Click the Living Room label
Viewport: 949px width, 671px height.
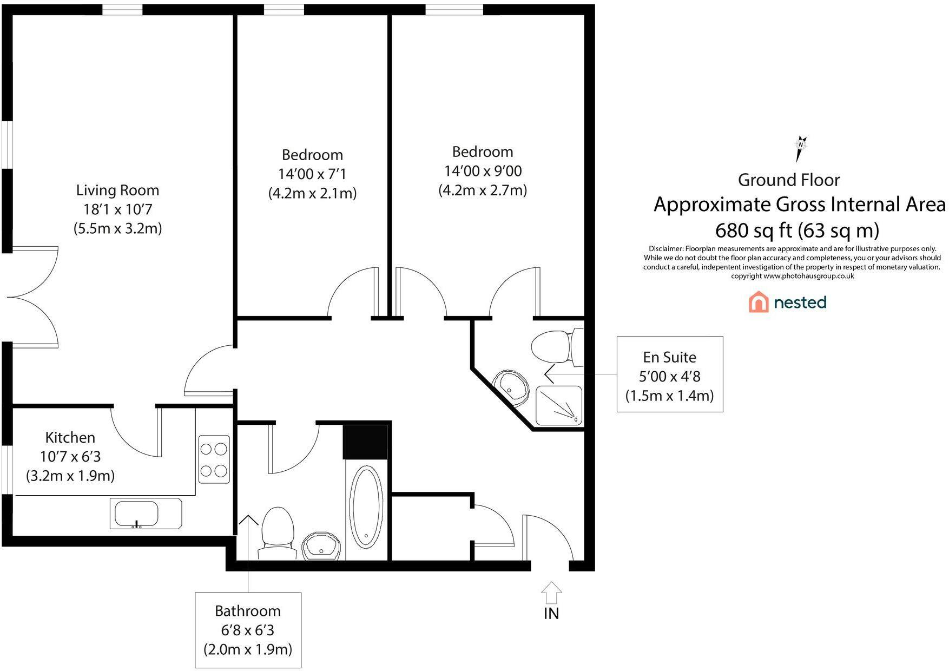click(x=117, y=190)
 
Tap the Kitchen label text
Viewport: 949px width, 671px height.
click(x=70, y=437)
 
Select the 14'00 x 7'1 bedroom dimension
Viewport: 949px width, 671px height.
click(x=312, y=174)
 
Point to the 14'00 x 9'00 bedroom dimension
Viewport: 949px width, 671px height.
click(x=483, y=171)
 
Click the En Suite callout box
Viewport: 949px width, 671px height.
click(x=670, y=374)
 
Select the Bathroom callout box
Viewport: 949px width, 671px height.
click(x=248, y=630)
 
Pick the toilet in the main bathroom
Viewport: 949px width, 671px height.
click(x=277, y=533)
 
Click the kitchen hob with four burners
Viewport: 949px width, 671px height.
click(x=214, y=459)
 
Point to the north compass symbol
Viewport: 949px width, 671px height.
click(x=800, y=148)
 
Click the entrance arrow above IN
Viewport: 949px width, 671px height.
click(x=551, y=593)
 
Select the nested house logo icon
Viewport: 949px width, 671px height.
click(x=759, y=302)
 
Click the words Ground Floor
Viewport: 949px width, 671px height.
click(x=789, y=180)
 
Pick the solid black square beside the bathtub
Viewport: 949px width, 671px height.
click(x=365, y=442)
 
